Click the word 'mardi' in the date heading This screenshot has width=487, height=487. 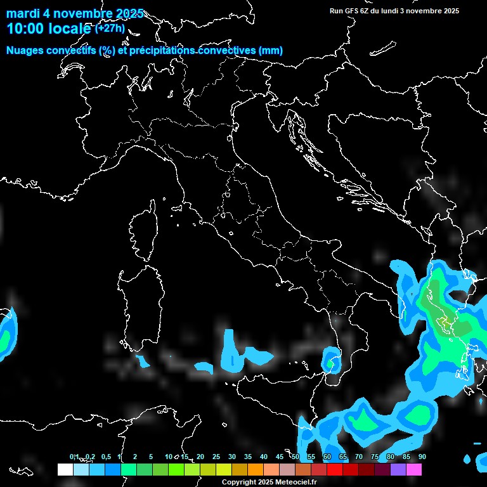coord(22,14)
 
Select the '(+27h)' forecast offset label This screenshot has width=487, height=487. coord(110,28)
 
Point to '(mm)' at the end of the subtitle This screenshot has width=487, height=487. coord(271,51)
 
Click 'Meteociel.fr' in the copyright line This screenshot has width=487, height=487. coord(294,483)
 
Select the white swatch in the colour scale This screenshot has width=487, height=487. coord(65,470)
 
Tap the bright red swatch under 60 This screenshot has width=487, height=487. coord(334,470)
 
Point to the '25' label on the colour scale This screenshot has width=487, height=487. coord(216,457)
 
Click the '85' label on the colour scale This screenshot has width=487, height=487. coord(406,457)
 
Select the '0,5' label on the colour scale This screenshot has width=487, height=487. coord(106,457)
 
